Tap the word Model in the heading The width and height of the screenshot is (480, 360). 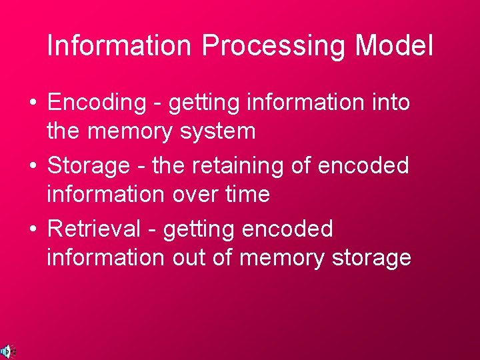point(394,45)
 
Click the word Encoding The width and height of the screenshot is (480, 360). point(96,103)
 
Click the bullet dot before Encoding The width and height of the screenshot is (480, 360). point(33,104)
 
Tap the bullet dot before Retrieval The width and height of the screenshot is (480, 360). point(33,229)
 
